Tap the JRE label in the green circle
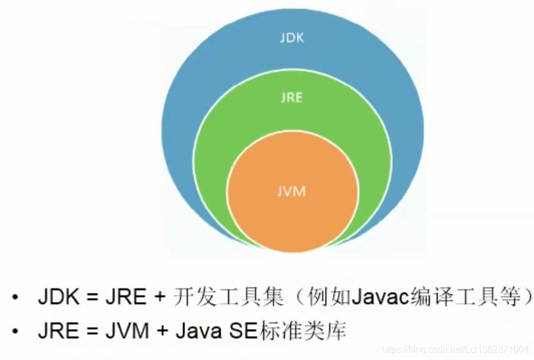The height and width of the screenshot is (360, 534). pyautogui.click(x=292, y=98)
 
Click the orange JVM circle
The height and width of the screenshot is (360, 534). pyautogui.click(x=292, y=212)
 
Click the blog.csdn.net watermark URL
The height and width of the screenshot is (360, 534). pyautogui.click(x=455, y=349)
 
